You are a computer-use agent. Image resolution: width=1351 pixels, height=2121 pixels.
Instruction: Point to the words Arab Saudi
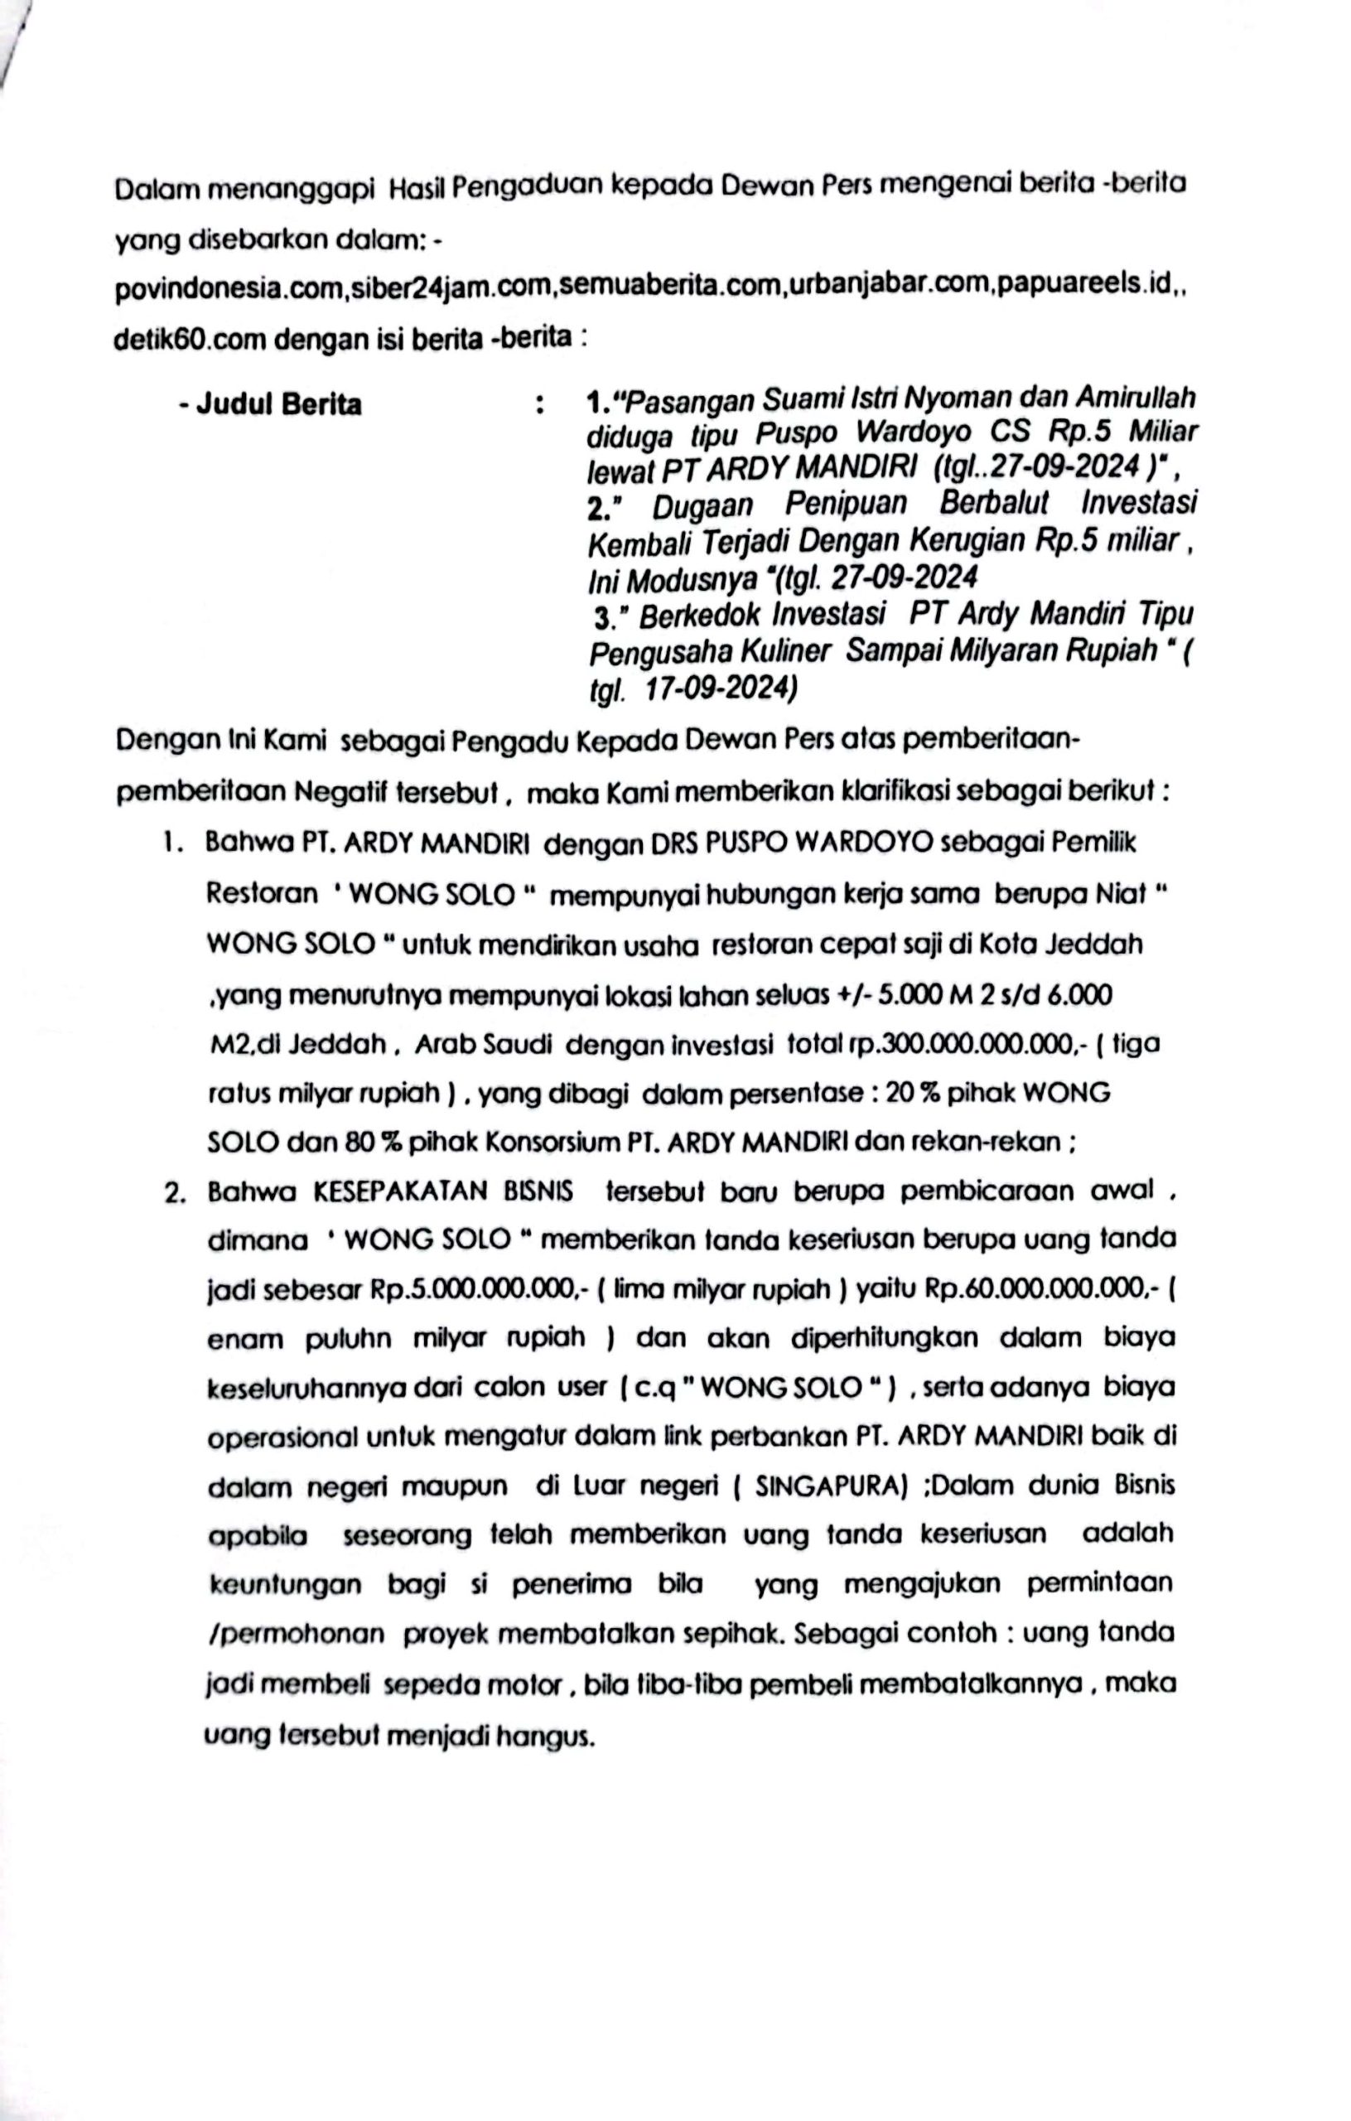pyautogui.click(x=483, y=1045)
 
